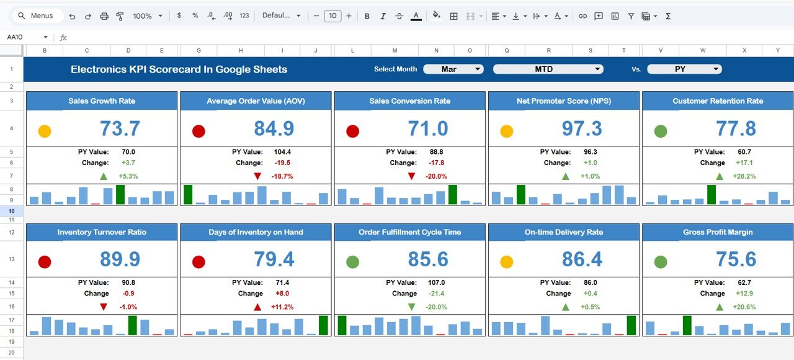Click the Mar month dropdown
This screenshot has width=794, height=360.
pos(453,69)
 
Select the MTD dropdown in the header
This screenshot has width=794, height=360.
pos(548,69)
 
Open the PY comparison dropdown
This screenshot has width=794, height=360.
pos(684,69)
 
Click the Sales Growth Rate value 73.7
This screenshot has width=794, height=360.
pos(120,128)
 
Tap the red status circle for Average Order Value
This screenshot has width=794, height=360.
pos(198,131)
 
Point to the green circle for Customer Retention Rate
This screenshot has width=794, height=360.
pos(661,131)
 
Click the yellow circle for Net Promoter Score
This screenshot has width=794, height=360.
pos(506,131)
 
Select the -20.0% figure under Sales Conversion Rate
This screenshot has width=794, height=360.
pos(437,176)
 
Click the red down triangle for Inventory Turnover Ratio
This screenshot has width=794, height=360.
pos(104,307)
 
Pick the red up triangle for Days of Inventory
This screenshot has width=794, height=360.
pos(257,307)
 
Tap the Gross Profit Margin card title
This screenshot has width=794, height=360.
pos(718,232)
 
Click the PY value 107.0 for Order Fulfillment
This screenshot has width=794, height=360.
pos(437,282)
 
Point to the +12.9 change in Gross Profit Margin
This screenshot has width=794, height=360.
pos(745,294)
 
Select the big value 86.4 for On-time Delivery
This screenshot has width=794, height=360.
pos(582,259)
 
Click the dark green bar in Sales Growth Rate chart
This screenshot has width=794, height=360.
pos(120,194)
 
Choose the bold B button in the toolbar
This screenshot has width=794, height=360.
pos(367,16)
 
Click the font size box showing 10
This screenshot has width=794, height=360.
pos(332,16)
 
